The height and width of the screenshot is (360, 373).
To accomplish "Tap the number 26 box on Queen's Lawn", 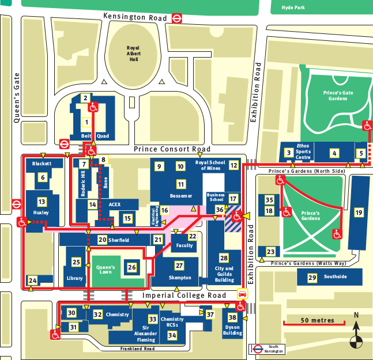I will [x=132, y=267].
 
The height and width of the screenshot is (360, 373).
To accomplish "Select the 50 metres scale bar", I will [x=314, y=321].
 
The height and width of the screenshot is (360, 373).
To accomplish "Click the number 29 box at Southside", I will [x=312, y=278].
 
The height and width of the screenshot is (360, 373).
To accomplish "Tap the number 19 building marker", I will [x=359, y=213].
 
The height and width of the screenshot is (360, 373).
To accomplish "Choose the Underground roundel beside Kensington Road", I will [x=178, y=18].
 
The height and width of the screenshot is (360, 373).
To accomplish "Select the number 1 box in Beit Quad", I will [x=86, y=122].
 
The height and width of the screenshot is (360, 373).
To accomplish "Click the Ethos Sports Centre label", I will [x=303, y=151].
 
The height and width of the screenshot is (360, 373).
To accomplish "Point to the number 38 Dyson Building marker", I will [x=232, y=317].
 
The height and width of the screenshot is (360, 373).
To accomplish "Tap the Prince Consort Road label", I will [x=172, y=149].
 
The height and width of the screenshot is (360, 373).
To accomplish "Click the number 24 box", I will [x=32, y=281].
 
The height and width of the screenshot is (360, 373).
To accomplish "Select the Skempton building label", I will [x=179, y=278].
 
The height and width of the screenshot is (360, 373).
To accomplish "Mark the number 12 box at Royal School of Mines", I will [x=233, y=165].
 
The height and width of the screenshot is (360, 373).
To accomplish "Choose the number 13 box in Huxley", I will [x=42, y=202].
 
